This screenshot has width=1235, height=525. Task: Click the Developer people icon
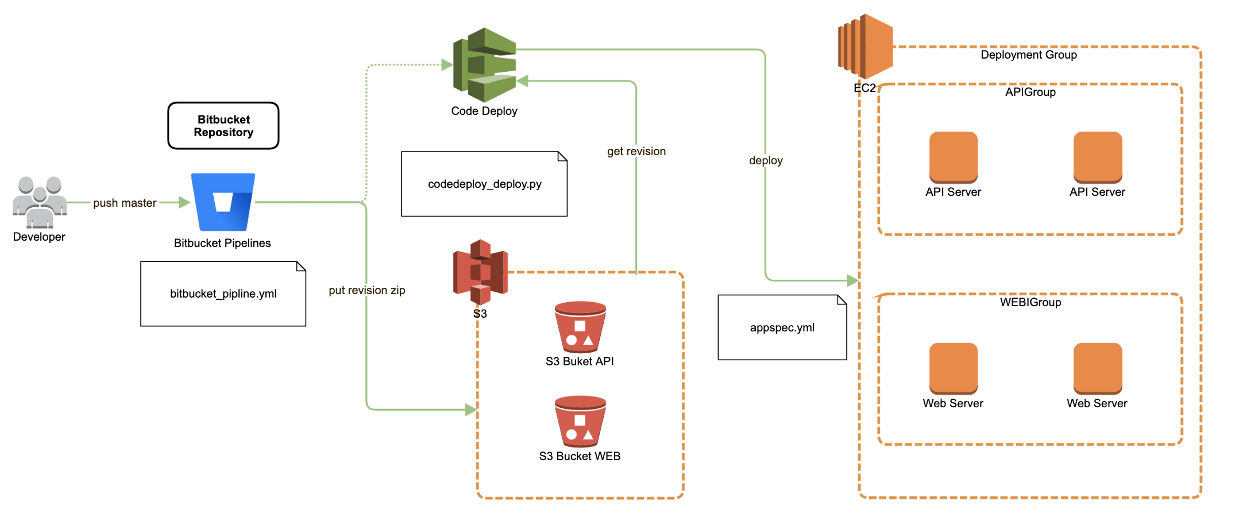click(x=40, y=202)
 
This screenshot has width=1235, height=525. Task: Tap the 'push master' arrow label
click(x=125, y=203)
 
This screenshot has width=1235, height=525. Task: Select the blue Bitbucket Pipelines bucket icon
click(x=223, y=202)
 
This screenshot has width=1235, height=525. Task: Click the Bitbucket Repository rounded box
click(x=223, y=126)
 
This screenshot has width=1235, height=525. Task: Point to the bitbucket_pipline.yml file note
click(x=223, y=294)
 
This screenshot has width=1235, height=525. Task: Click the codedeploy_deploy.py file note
click(x=484, y=184)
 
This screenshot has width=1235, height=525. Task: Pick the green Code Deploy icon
click(x=485, y=64)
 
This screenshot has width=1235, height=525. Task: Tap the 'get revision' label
click(x=636, y=151)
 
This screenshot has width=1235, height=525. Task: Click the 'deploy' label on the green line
click(x=766, y=160)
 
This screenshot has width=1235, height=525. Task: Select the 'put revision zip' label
click(x=367, y=290)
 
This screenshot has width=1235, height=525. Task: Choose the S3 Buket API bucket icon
click(x=580, y=326)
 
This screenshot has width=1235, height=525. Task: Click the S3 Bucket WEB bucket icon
click(x=580, y=420)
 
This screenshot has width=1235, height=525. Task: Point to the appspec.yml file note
click(x=782, y=327)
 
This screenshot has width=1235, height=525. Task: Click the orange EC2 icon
click(x=866, y=47)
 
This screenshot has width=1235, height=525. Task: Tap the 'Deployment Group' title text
click(x=1029, y=55)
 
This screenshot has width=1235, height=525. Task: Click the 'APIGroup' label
click(x=1031, y=92)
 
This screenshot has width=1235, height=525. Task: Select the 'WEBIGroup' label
click(x=1031, y=302)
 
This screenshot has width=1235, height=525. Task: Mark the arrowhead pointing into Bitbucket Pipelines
click(x=184, y=202)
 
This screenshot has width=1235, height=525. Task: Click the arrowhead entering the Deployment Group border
click(x=853, y=281)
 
